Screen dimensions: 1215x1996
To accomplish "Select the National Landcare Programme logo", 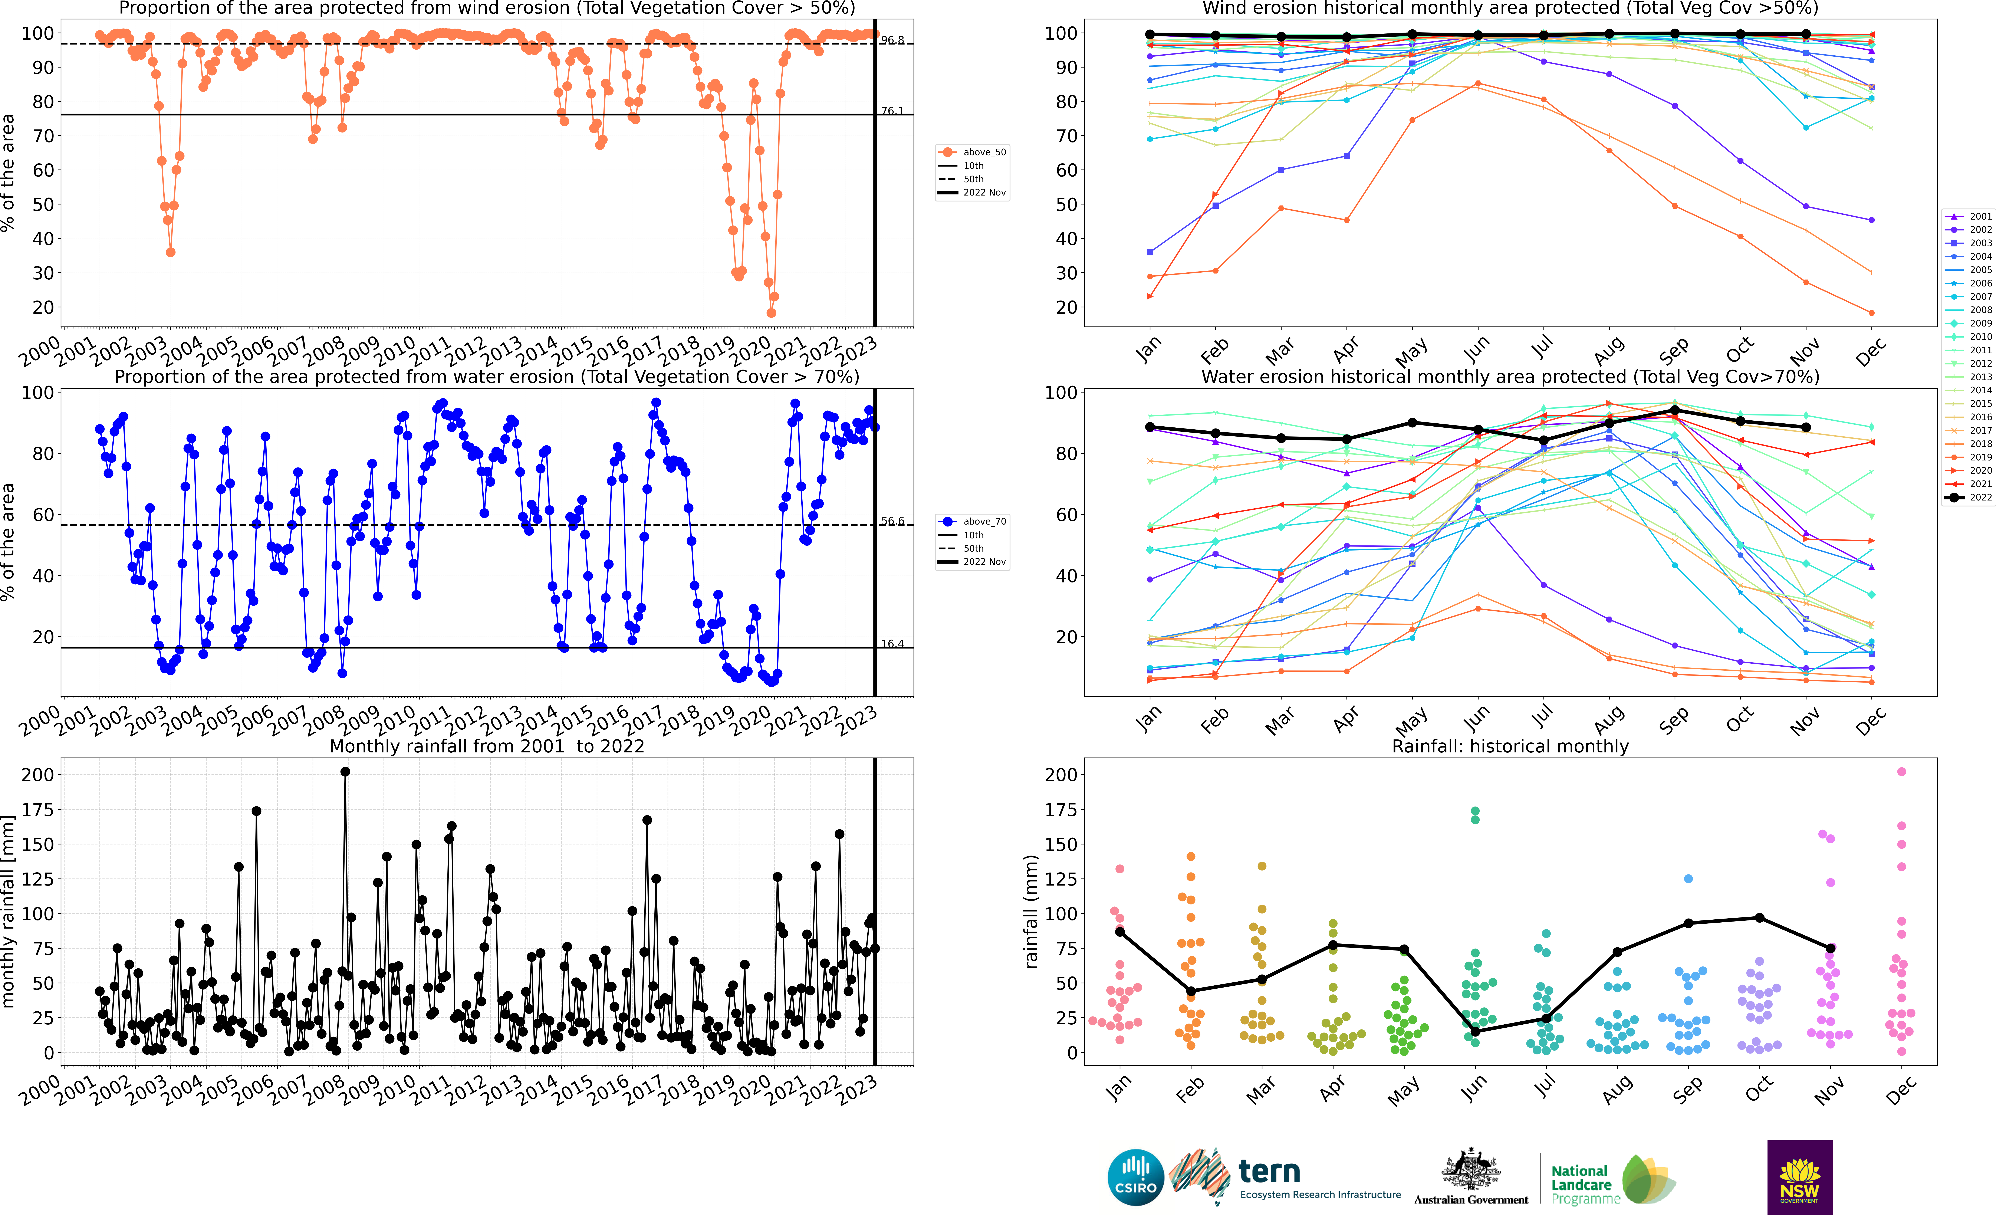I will click(x=1612, y=1179).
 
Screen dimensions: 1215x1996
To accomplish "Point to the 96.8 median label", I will click(x=892, y=40).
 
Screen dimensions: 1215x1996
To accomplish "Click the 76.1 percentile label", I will click(x=892, y=111).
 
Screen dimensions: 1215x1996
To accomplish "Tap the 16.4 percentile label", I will click(x=892, y=644).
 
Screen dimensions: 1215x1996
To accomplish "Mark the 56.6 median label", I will click(x=892, y=522).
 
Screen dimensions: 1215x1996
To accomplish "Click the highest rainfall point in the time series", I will click(x=345, y=772).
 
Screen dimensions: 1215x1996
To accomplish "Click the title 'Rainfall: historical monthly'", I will click(x=1510, y=746).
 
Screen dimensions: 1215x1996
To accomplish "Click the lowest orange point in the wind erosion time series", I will click(x=771, y=313).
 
